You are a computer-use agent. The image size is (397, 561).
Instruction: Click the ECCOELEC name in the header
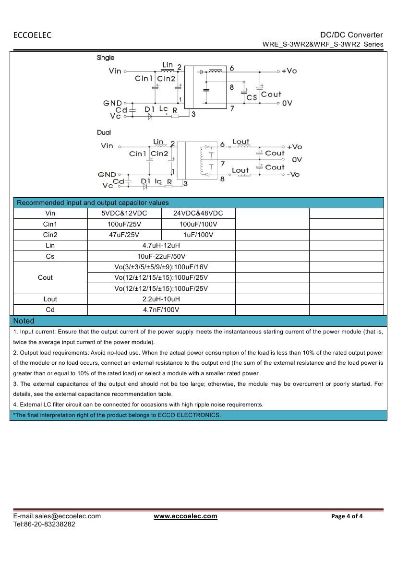[32, 35]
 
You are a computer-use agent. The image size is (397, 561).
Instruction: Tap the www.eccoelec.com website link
[185, 516]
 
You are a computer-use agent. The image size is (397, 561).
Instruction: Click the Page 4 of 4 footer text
[347, 516]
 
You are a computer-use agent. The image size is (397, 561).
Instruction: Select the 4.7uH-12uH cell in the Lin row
[161, 246]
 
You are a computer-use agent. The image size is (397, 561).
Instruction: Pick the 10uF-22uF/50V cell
[161, 256]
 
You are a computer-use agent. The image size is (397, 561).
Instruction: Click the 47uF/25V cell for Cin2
[124, 235]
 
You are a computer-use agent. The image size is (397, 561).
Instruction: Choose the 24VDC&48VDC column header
[198, 213]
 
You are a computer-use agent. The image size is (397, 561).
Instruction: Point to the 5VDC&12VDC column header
[124, 213]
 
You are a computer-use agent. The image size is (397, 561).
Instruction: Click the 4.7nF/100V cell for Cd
[161, 310]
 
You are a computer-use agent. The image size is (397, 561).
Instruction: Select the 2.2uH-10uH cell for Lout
[161, 299]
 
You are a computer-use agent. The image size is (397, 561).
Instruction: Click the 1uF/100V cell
[198, 235]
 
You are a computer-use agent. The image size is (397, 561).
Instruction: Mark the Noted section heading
[24, 321]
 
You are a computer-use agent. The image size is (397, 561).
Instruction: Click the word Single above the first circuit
[106, 58]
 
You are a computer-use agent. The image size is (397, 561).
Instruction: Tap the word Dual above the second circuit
[104, 132]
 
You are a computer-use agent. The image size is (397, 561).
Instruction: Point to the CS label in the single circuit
[252, 97]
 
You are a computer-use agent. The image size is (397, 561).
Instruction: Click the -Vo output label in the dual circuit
[293, 174]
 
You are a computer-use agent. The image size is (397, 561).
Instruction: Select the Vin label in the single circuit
[115, 71]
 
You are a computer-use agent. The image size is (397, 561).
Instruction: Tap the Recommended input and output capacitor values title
[93, 203]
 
